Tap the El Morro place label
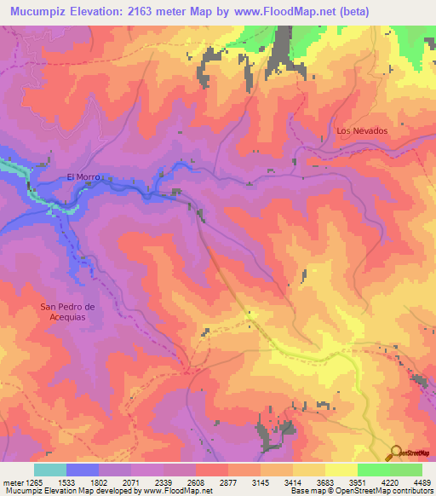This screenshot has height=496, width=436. pyautogui.click(x=83, y=176)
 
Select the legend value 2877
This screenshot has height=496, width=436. pyautogui.click(x=228, y=482)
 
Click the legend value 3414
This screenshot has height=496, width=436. pyautogui.click(x=292, y=482)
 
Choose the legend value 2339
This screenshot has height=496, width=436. pyautogui.click(x=164, y=482)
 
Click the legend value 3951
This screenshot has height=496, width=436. pyautogui.click(x=355, y=482)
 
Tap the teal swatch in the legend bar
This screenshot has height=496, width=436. pyautogui.click(x=50, y=470)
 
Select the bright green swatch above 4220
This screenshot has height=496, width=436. pyautogui.click(x=373, y=470)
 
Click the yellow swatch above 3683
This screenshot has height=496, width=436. pyautogui.click(x=308, y=470)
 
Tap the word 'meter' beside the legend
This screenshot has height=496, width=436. pyautogui.click(x=13, y=482)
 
